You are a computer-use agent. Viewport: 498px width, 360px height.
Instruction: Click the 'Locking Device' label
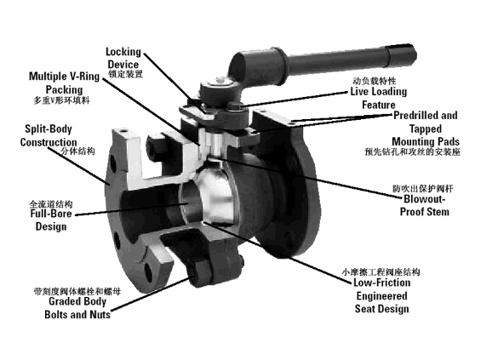pyautogui.click(x=123, y=58)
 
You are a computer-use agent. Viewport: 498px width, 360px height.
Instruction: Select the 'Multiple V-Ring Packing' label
pyautogui.click(x=64, y=83)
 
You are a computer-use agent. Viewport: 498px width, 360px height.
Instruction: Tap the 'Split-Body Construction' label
pyautogui.click(x=49, y=135)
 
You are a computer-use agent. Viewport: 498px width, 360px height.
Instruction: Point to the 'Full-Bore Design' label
pyautogui.click(x=51, y=220)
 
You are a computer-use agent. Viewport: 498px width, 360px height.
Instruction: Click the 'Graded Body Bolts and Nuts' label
pyautogui.click(x=77, y=307)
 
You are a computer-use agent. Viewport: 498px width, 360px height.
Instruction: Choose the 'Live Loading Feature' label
pyautogui.click(x=379, y=98)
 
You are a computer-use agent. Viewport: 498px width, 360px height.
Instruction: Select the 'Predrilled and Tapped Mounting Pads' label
pyautogui.click(x=426, y=129)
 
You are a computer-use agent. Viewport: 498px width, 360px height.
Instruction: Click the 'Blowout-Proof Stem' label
pyautogui.click(x=425, y=205)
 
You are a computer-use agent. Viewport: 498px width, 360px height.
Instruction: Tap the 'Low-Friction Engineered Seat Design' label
pyautogui.click(x=382, y=296)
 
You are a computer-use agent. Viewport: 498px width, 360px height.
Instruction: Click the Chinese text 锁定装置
pyautogui.click(x=126, y=74)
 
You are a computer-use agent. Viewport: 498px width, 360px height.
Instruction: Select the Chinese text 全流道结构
pyautogui.click(x=51, y=203)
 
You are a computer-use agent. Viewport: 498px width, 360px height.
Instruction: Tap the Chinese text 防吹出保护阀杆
pyautogui.click(x=423, y=189)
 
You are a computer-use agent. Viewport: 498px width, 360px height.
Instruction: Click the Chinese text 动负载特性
pyautogui.click(x=375, y=81)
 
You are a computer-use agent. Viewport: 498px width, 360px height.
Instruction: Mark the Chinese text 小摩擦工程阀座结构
pyautogui.click(x=381, y=272)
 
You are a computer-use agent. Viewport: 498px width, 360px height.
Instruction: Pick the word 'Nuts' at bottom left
pyautogui.click(x=100, y=314)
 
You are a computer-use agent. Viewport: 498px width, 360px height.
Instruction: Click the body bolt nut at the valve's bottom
pyautogui.click(x=199, y=276)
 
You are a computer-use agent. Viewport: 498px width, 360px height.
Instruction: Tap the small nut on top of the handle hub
pyautogui.click(x=220, y=80)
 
